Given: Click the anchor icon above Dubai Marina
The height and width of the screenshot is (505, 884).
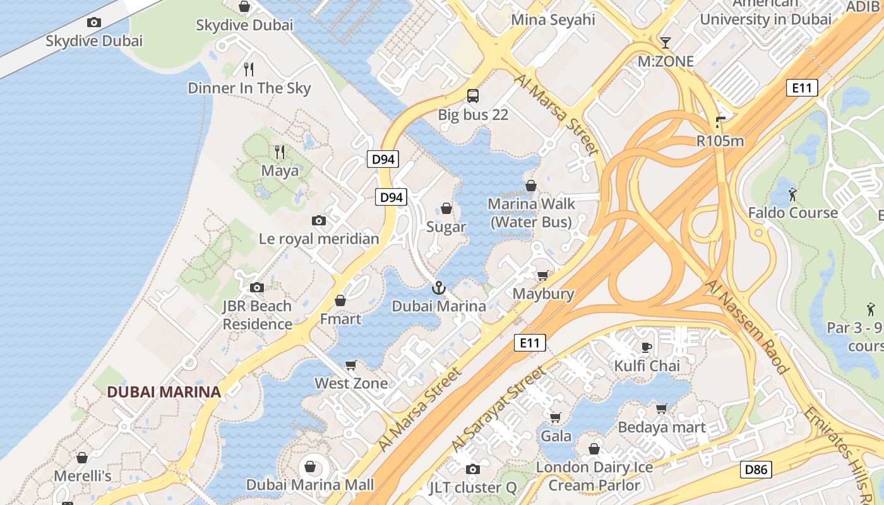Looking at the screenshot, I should coord(438,288).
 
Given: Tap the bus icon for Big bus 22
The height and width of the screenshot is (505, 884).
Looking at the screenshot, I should coord(473,96).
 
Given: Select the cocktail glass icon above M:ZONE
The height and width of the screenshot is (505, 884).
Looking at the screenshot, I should coord(665,43).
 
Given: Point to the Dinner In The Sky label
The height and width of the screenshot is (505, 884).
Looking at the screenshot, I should coord(249,88).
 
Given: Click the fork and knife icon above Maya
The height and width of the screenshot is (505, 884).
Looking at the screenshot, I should coord(280,151).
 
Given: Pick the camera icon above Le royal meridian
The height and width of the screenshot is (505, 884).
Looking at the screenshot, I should coord(319,220).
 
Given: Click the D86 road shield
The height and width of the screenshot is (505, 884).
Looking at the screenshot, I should coord(755,469).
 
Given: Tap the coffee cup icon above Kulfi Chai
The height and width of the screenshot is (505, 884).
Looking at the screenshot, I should coord(647,347).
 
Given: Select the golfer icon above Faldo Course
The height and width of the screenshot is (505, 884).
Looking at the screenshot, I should coord(792,193).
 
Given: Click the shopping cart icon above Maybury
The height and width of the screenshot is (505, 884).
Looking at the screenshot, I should coord(542,275).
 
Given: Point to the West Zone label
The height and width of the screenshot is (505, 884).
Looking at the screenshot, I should coord(351,383).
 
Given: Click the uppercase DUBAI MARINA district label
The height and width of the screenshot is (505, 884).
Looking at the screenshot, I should coord(164,391).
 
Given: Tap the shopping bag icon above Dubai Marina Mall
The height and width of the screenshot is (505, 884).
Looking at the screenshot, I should coord(310,466).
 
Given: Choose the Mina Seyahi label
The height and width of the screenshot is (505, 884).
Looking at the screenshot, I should coord(552,20).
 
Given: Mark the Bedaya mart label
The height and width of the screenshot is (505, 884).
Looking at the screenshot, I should coord(661,427).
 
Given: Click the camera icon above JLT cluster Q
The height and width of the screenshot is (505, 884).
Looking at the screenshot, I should coord(472,469).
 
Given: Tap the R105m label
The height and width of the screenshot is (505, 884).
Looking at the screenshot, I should coord(720,141).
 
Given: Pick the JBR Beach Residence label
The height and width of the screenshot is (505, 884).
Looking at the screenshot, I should coord(257,315).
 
